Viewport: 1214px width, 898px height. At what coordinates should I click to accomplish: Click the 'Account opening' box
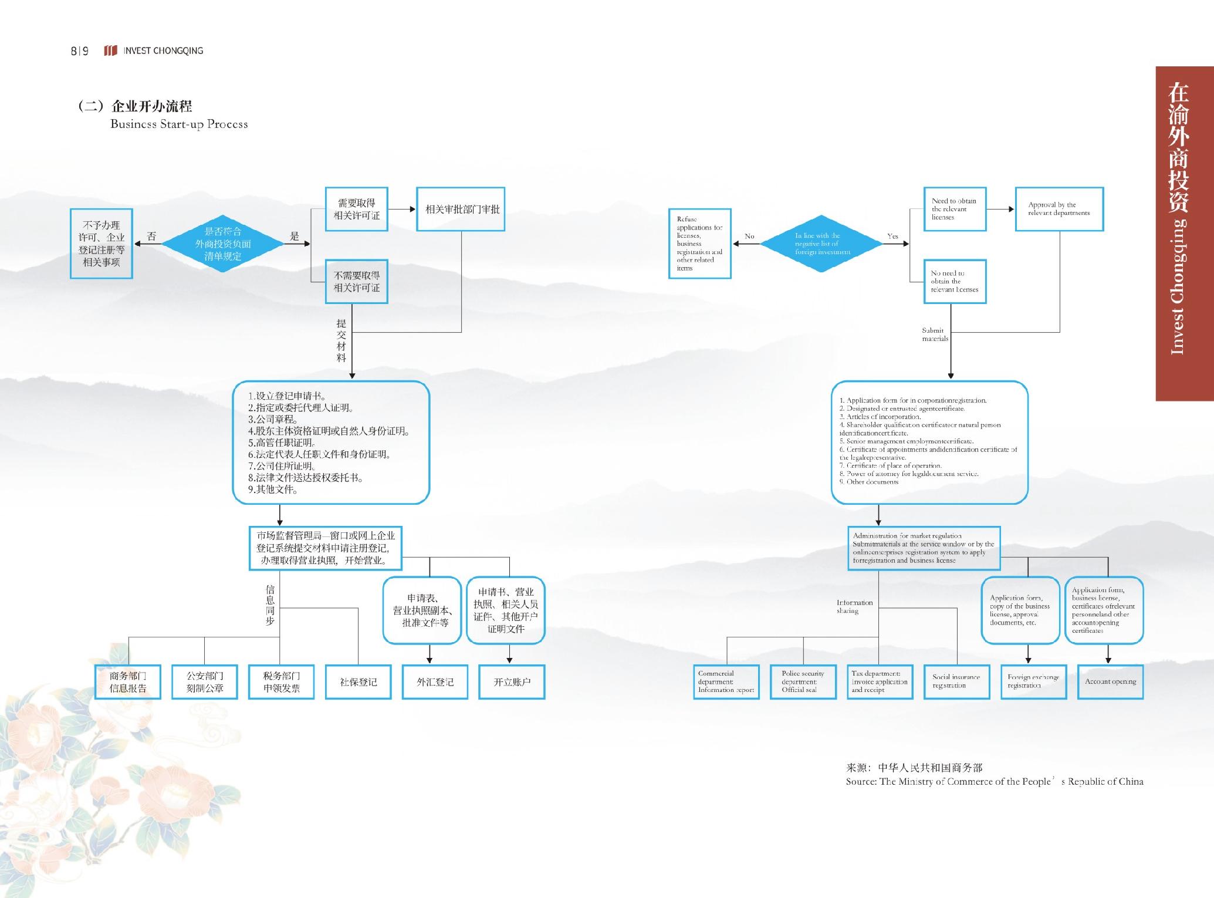click(1110, 681)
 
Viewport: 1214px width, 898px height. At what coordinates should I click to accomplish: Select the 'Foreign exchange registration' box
click(1033, 681)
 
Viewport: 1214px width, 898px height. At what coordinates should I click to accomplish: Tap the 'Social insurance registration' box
click(956, 681)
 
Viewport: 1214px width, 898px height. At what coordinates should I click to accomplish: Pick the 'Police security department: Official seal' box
click(803, 681)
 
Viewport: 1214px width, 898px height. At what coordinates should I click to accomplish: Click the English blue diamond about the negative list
click(821, 244)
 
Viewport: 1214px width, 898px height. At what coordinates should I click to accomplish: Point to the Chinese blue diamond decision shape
click(223, 244)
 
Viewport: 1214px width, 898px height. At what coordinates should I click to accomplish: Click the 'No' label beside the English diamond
click(749, 237)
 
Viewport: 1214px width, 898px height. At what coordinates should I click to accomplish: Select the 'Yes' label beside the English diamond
click(892, 237)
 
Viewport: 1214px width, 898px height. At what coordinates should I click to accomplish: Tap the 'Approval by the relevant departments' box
click(1059, 209)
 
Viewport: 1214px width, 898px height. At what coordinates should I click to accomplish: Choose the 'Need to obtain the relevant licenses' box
click(955, 209)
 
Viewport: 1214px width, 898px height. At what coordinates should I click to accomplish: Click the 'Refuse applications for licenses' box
click(699, 244)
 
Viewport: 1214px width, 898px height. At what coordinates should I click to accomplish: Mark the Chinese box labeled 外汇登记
click(435, 682)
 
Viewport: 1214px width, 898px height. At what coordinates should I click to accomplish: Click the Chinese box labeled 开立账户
click(512, 682)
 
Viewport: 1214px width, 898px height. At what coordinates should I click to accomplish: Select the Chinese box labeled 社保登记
click(358, 682)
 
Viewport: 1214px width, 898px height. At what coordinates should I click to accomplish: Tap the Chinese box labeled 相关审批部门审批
click(461, 209)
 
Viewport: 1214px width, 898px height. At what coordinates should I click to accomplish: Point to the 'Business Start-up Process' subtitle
click(179, 124)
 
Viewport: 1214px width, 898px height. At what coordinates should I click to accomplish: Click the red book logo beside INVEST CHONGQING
click(110, 50)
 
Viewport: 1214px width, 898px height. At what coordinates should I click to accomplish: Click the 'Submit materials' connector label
click(935, 335)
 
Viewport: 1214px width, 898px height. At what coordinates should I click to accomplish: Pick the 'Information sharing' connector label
click(854, 607)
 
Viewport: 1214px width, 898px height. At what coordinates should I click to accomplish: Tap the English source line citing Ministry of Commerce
click(994, 782)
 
